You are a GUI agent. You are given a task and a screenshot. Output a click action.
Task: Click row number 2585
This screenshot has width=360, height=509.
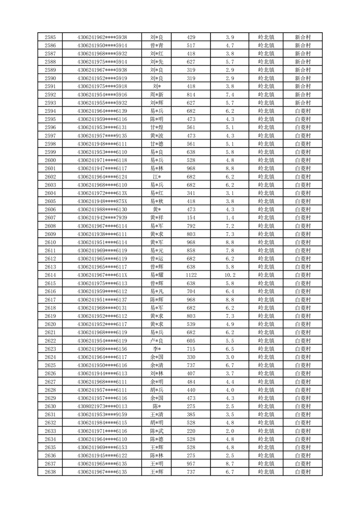[x=51, y=37]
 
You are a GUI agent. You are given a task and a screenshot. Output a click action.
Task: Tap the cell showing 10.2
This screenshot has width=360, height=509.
[x=230, y=275]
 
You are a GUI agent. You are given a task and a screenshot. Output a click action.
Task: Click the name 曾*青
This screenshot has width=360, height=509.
[x=157, y=45]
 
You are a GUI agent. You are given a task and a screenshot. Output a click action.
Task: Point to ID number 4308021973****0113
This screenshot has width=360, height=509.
[x=102, y=406]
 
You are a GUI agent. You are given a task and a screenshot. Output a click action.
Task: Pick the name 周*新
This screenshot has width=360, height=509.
[x=157, y=94]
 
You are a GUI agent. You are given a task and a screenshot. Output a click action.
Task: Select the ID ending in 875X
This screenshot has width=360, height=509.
[x=102, y=201]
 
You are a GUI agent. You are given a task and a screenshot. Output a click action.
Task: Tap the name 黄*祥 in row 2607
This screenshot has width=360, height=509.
[x=157, y=217]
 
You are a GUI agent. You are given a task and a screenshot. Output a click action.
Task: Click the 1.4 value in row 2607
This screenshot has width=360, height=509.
[x=230, y=217]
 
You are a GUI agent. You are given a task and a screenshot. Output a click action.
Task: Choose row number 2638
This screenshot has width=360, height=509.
[x=51, y=472]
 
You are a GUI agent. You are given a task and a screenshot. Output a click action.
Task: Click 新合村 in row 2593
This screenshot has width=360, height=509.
[x=302, y=103]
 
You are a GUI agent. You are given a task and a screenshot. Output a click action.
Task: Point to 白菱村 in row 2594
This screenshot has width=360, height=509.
[x=302, y=111]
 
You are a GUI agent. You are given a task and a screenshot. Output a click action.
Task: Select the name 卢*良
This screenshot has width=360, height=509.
[x=157, y=341]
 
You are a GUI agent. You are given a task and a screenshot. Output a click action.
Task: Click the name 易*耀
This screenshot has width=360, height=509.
[x=157, y=275]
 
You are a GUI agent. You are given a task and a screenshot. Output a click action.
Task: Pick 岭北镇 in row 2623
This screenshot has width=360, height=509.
[x=266, y=349]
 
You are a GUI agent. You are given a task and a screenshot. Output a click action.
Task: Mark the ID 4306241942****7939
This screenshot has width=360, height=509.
[x=102, y=217]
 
